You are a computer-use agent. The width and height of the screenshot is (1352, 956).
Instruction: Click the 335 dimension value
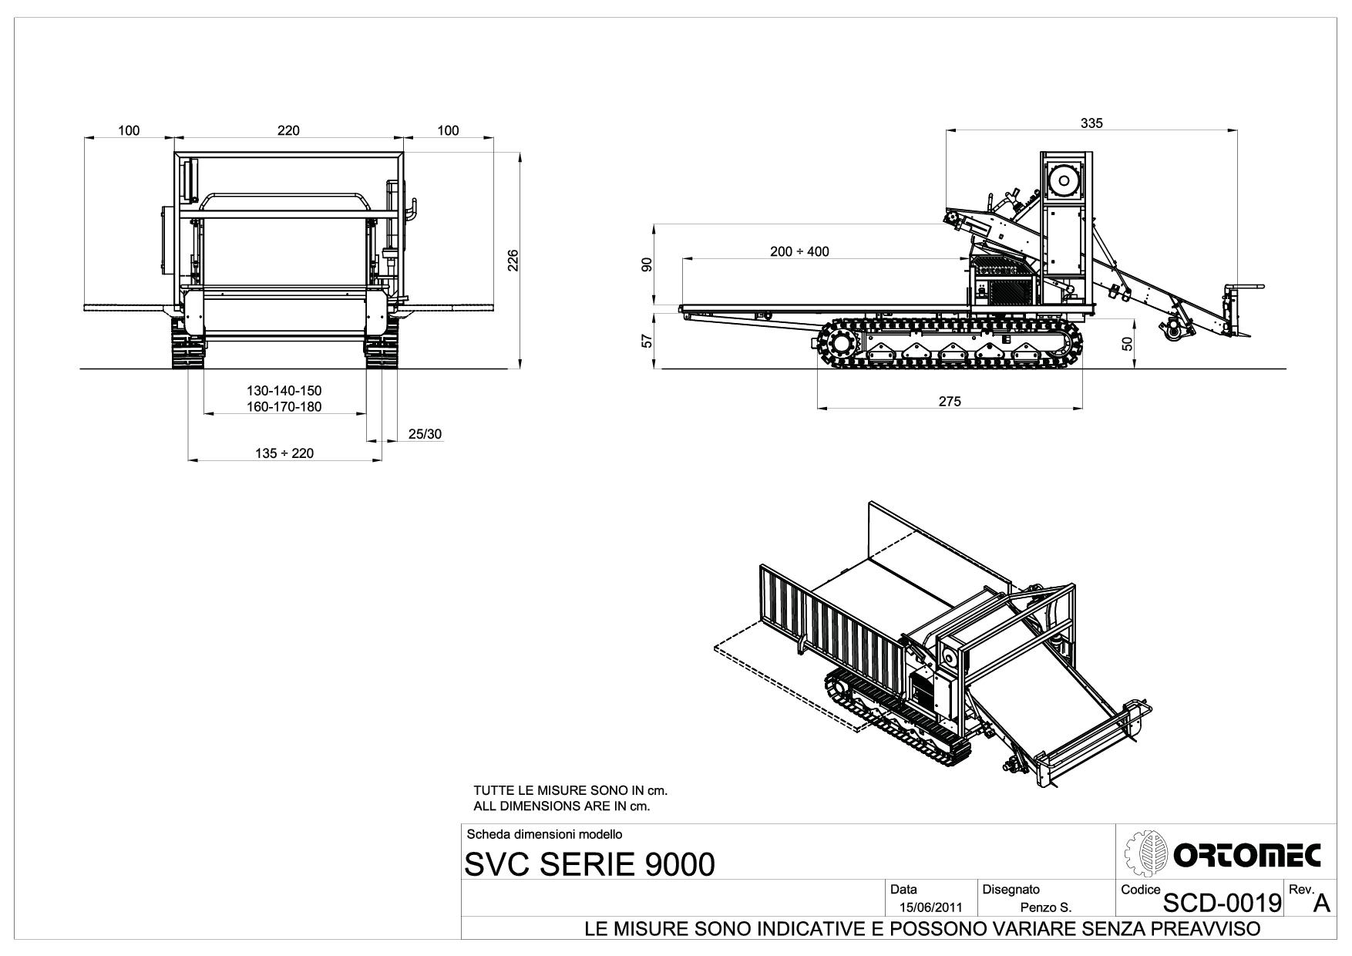pyautogui.click(x=1091, y=123)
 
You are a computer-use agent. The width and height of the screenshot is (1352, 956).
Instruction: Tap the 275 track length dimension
pyautogui.click(x=950, y=401)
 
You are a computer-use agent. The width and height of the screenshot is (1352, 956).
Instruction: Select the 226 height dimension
pyautogui.click(x=513, y=261)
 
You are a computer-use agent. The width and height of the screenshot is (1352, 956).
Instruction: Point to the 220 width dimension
pyautogui.click(x=288, y=130)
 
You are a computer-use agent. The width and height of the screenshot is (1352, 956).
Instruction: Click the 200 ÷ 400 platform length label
pyautogui.click(x=799, y=251)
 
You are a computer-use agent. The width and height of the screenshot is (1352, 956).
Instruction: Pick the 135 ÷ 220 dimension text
pyautogui.click(x=284, y=453)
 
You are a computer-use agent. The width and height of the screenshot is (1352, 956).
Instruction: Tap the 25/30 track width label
pyautogui.click(x=425, y=434)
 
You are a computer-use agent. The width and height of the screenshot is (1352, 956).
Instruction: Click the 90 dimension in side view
pyautogui.click(x=648, y=264)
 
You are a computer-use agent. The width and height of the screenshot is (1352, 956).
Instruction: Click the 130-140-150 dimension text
pyautogui.click(x=284, y=391)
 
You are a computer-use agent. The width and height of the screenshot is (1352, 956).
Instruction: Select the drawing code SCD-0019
pyautogui.click(x=1222, y=900)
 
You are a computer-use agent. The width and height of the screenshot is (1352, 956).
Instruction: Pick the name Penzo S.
pyautogui.click(x=1045, y=907)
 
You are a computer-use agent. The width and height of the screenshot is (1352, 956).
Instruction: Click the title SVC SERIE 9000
pyautogui.click(x=590, y=864)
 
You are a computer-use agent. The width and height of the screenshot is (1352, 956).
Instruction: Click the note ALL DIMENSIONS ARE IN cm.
pyautogui.click(x=562, y=806)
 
